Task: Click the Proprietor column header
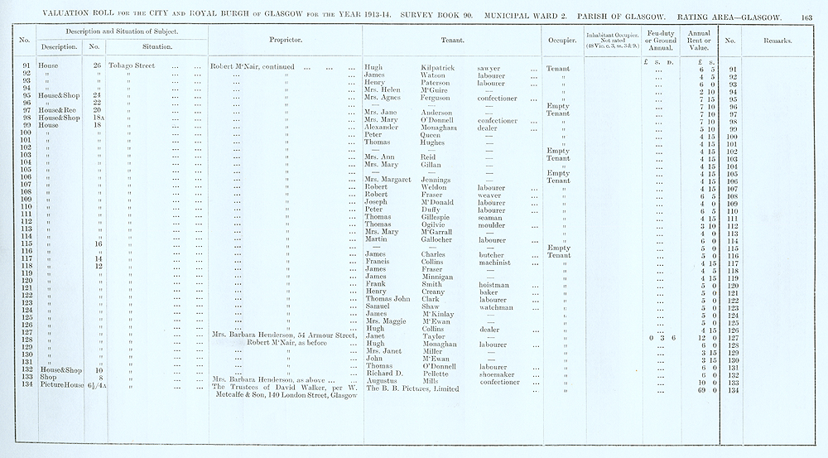[285, 40]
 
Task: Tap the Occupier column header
[562, 40]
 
